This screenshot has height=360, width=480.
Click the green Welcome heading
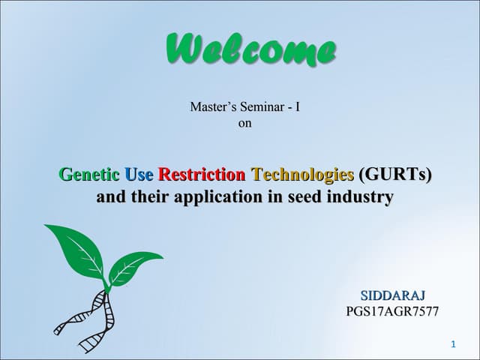(250, 50)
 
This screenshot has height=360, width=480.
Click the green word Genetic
(89, 175)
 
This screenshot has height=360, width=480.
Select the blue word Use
(139, 175)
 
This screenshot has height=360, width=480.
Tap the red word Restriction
(202, 175)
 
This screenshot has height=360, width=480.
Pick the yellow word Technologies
(303, 175)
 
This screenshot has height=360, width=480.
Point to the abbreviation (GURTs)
(396, 175)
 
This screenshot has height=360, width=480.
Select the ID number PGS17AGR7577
(392, 311)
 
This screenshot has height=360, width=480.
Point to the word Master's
(212, 107)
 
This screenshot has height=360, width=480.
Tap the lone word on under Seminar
(244, 123)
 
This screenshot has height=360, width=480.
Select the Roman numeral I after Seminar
(298, 107)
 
